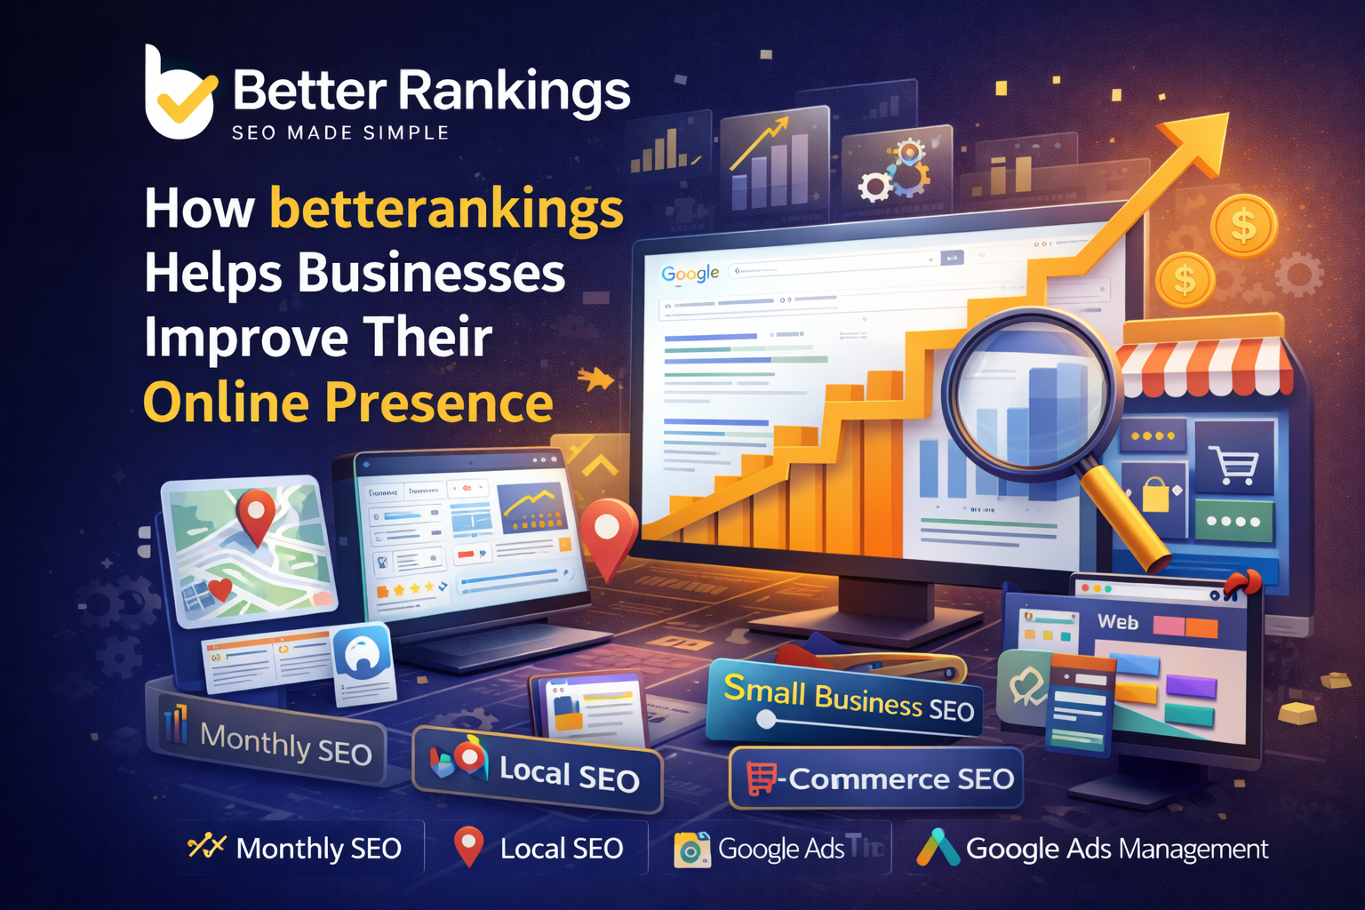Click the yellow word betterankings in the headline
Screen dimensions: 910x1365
446,210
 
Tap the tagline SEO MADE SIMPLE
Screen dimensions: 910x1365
340,133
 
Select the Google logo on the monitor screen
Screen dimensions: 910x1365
690,273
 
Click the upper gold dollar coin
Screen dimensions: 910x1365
1243,226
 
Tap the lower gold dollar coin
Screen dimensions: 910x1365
1185,281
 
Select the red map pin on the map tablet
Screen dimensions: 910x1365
256,514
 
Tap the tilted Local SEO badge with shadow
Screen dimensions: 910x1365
539,770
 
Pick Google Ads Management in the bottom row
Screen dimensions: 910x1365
1092,849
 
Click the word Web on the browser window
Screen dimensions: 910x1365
1117,622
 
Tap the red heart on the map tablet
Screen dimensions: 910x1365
219,587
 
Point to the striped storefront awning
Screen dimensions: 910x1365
1204,364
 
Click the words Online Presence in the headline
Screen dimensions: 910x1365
348,403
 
